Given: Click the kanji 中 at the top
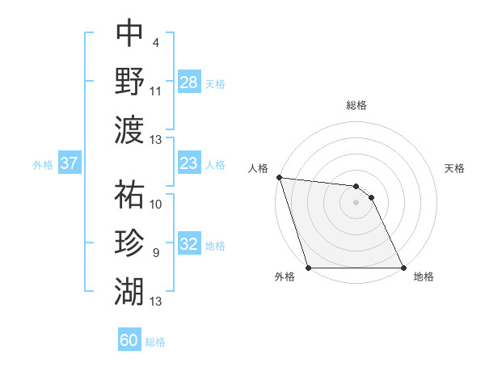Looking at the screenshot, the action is (x=129, y=35).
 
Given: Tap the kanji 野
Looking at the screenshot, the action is (x=129, y=82).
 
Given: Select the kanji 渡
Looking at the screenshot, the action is (x=129, y=129).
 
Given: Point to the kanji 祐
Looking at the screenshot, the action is (x=129, y=196).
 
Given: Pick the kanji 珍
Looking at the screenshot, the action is (x=129, y=243).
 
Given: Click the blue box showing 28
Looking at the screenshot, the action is (x=188, y=82).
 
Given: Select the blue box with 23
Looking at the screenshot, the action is (x=188, y=163).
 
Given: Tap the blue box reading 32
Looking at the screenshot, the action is (x=188, y=244).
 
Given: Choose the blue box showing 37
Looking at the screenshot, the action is (x=69, y=163).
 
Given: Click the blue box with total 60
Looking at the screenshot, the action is (x=129, y=340).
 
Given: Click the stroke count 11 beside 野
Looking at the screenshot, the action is (x=156, y=91).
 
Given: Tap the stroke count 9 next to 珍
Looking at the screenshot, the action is (x=155, y=253).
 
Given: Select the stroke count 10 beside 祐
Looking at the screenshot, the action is (x=156, y=205).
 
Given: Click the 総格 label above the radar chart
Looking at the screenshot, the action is (x=356, y=105).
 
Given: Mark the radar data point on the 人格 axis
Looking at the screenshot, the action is (x=279, y=178).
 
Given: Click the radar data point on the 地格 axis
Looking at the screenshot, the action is (x=403, y=268).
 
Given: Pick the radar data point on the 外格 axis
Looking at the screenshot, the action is (x=309, y=268).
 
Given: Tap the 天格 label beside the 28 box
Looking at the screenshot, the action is (x=214, y=83).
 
